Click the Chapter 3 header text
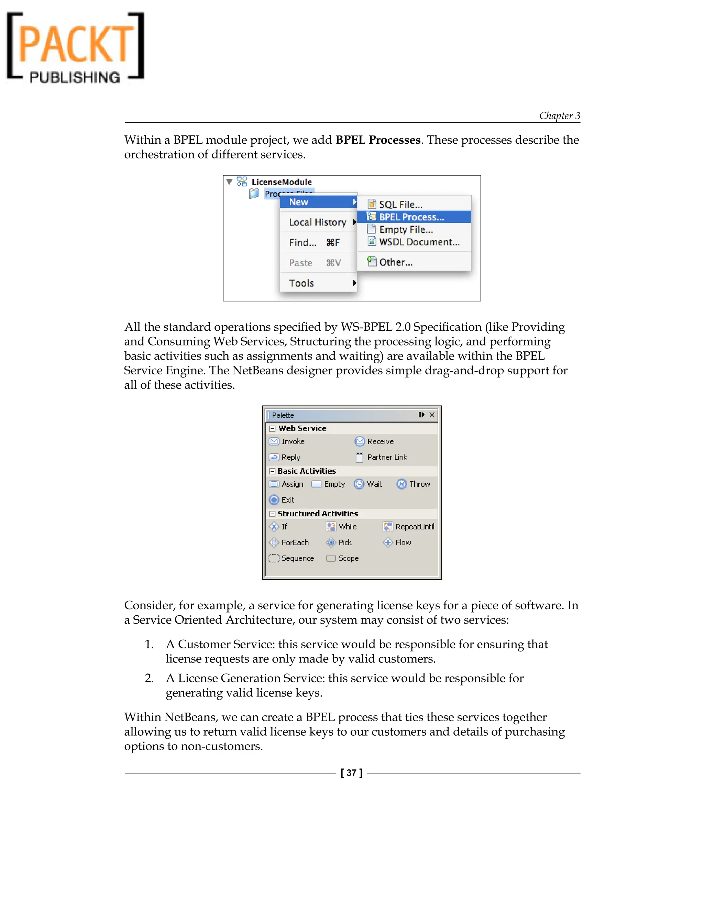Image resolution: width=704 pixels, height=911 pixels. (x=559, y=116)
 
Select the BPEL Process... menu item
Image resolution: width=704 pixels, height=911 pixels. (x=411, y=217)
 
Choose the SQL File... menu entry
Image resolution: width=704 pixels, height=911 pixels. (x=400, y=205)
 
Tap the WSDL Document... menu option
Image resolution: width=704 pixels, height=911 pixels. (x=419, y=242)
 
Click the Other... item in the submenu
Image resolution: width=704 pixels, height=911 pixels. (x=395, y=262)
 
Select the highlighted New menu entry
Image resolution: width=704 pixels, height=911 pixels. (x=299, y=202)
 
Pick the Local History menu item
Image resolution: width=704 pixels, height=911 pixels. (x=317, y=222)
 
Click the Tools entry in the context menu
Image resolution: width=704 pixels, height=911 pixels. (x=301, y=283)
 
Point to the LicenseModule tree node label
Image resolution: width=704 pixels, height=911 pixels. (x=282, y=182)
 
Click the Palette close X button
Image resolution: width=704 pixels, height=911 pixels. (x=432, y=415)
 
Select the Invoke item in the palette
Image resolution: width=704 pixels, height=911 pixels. (x=293, y=441)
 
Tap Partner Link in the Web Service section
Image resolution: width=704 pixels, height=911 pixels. (x=387, y=457)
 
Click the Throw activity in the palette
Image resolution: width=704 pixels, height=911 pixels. (x=419, y=484)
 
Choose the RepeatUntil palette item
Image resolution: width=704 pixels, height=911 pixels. (x=415, y=526)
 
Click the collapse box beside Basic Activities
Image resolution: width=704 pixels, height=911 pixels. (x=272, y=471)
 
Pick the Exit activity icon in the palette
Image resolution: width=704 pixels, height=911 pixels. (x=274, y=500)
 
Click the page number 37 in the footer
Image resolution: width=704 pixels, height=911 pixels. (x=351, y=773)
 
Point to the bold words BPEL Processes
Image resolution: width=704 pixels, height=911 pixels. (x=378, y=140)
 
